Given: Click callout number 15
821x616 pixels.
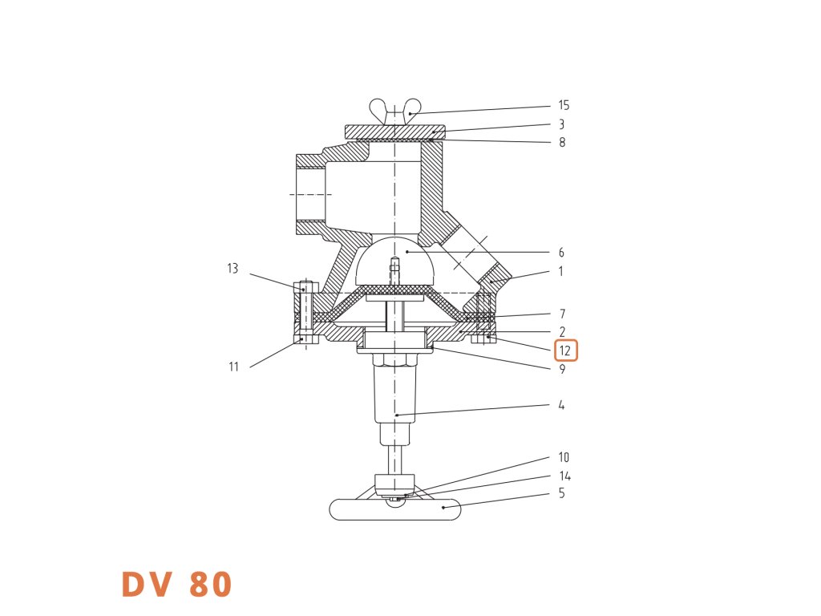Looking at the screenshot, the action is click(564, 106).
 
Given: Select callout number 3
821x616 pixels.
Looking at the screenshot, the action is click(561, 125).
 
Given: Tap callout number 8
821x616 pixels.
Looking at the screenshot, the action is click(561, 143).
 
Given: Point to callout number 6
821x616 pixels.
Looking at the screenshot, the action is click(561, 253).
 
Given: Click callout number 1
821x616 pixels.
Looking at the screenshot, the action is click(561, 272).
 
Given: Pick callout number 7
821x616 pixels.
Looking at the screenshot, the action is click(561, 314).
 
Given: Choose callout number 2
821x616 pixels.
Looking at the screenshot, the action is click(562, 332).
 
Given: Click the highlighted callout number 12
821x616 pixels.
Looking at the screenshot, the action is click(564, 351).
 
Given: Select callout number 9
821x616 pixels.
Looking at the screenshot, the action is click(561, 370).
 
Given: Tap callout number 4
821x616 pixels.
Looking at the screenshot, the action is click(561, 406).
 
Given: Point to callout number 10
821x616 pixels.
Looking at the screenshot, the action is click(564, 457).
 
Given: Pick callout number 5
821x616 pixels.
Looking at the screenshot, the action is click(561, 493).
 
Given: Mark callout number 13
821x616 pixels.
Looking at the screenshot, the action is click(233, 269).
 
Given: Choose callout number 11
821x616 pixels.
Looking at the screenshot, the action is click(233, 367).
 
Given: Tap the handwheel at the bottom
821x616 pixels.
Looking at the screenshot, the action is click(394, 509).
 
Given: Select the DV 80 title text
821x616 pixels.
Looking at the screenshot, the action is click(176, 584).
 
